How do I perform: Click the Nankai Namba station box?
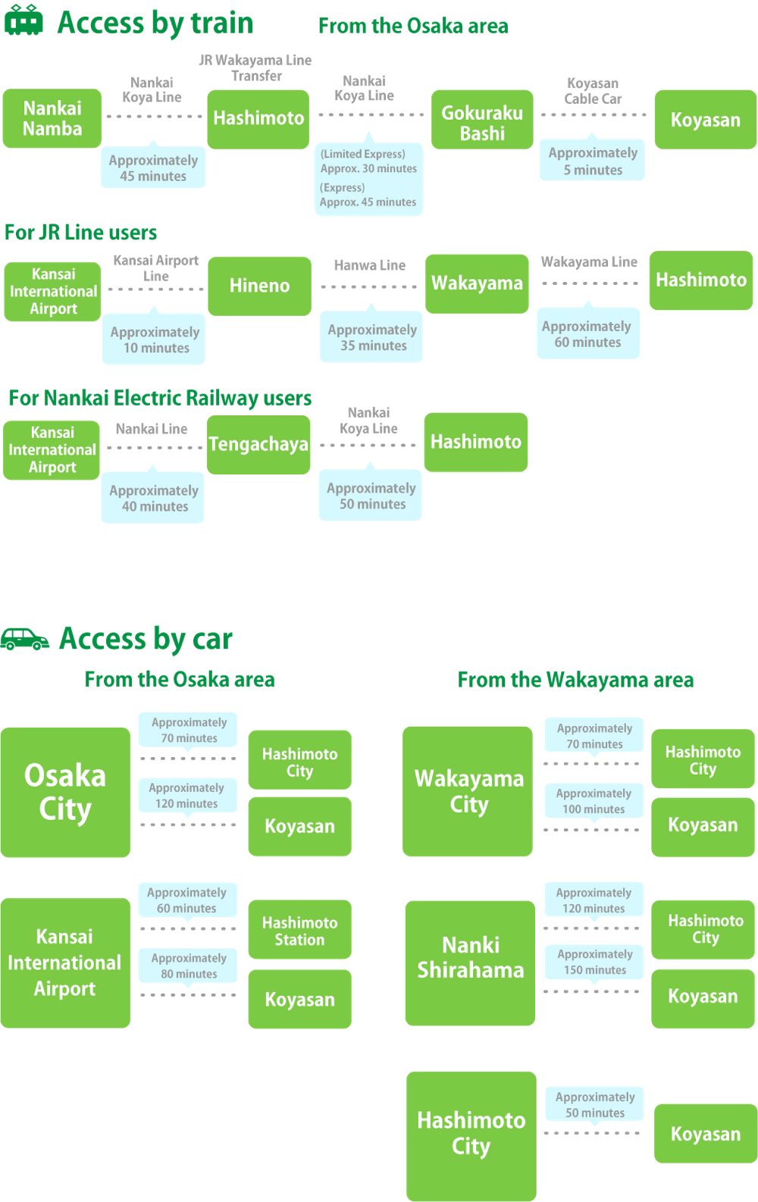click(x=52, y=119)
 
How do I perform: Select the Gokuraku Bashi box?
click(x=482, y=121)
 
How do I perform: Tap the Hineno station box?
click(x=259, y=286)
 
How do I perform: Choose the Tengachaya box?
click(x=258, y=444)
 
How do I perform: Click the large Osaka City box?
click(x=66, y=792)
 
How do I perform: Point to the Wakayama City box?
click(x=468, y=791)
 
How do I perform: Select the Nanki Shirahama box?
click(x=470, y=958)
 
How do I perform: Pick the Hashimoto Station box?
click(x=300, y=931)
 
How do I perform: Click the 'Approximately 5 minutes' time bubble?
click(x=593, y=161)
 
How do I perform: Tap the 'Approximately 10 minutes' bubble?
click(x=155, y=340)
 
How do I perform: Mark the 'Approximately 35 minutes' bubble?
click(x=372, y=338)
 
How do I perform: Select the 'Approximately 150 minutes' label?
click(x=594, y=963)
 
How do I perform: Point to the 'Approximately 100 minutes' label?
click(x=594, y=801)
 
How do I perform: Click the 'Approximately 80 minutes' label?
click(x=188, y=966)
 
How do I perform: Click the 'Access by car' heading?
click(x=146, y=640)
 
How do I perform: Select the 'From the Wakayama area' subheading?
click(x=575, y=680)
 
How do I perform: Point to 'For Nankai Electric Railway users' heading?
click(x=159, y=397)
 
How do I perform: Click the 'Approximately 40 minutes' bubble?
click(x=154, y=499)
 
